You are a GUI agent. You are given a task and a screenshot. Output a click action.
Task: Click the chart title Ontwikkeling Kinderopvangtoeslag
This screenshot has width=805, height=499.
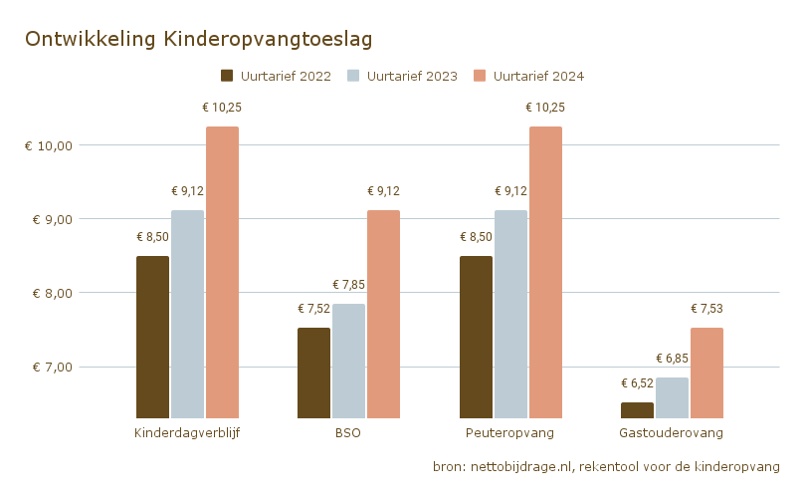point(198,39)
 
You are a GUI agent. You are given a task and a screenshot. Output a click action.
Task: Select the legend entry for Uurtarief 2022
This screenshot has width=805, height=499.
point(276,76)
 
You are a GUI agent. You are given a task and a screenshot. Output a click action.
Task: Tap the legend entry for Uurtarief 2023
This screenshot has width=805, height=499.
point(403,76)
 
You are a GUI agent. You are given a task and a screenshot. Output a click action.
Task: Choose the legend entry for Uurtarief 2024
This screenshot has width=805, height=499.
point(528,76)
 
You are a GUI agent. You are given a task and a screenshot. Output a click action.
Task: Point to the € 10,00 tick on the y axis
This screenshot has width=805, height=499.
point(49,145)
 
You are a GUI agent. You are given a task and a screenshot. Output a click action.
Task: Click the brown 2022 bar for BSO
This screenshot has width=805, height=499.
point(313,373)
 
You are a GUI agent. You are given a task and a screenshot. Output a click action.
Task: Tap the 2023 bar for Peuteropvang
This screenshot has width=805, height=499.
point(510,314)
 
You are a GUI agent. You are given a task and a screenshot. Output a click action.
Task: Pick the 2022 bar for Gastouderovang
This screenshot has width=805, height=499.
point(637,410)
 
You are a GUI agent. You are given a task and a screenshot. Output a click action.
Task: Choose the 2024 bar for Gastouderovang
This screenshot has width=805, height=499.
point(706,373)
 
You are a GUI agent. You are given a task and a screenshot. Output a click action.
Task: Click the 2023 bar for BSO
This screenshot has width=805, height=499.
point(348,361)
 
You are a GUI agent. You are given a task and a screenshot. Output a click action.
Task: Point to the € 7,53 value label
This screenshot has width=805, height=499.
point(706,309)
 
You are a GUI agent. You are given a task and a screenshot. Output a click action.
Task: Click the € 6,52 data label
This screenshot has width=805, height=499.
point(637,383)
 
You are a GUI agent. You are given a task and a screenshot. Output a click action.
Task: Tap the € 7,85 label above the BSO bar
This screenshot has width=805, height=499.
point(348,285)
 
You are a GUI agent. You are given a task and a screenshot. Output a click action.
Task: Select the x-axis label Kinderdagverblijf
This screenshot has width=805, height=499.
point(187,434)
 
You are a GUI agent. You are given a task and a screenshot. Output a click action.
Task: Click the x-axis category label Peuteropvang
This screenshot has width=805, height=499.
point(509,434)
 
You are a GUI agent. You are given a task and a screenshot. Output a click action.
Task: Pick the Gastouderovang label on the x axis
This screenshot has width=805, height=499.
point(671,434)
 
